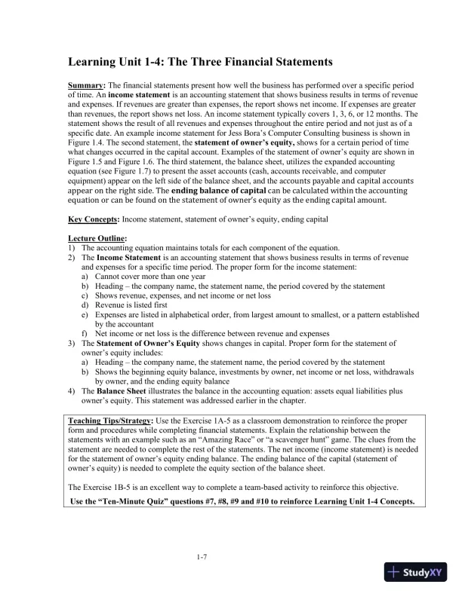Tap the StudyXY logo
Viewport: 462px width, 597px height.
tap(414, 571)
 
